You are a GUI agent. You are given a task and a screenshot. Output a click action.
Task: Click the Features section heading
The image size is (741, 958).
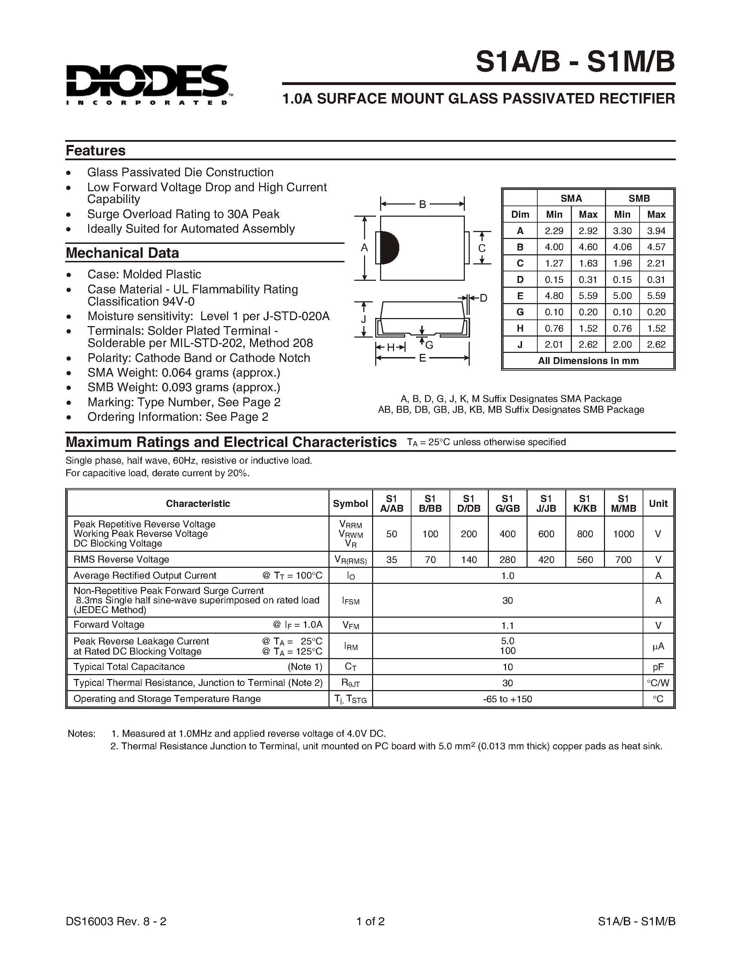click(95, 150)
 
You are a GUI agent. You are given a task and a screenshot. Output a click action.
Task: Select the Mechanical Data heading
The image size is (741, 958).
click(122, 253)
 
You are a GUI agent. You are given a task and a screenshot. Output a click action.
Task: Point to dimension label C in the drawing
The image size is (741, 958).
click(482, 248)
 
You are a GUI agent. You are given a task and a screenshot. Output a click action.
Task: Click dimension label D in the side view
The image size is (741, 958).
click(483, 298)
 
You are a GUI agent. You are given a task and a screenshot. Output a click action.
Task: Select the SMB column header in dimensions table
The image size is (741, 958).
click(639, 198)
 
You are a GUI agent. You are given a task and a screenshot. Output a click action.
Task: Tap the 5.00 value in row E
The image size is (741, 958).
click(622, 296)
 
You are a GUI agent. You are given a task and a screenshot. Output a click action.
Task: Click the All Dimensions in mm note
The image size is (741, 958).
click(588, 361)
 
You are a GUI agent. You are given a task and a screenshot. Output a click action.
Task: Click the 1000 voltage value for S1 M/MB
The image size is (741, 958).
click(623, 534)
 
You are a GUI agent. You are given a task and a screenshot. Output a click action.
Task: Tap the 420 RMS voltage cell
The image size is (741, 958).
click(546, 560)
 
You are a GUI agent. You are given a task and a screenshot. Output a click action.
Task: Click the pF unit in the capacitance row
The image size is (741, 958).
click(658, 667)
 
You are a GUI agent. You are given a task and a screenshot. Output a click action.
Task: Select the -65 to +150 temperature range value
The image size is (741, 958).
click(507, 699)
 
